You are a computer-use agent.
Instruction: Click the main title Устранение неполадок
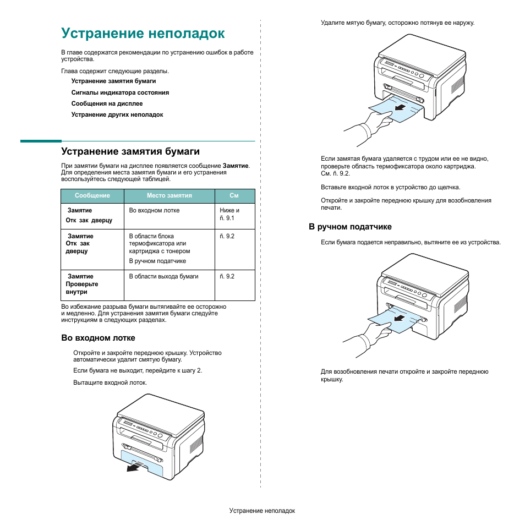[x=143, y=34]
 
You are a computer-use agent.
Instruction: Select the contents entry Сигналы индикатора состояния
[x=120, y=92]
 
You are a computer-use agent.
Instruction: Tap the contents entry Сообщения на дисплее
[x=107, y=103]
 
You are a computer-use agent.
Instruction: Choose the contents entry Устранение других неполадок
[x=117, y=114]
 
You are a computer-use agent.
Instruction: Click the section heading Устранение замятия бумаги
[x=130, y=151]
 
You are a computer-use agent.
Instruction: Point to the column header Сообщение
[x=92, y=195]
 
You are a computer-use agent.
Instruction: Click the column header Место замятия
[x=169, y=195]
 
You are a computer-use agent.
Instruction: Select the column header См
[x=234, y=195]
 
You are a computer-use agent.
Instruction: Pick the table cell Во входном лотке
[x=154, y=210]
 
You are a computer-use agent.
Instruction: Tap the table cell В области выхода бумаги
[x=163, y=276]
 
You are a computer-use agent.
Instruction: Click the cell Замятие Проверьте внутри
[x=82, y=284]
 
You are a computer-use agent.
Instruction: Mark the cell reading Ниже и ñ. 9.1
[x=229, y=214]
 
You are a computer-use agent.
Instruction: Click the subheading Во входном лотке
[x=98, y=338]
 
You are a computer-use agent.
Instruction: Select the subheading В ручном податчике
[x=350, y=227]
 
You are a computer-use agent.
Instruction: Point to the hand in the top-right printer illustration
[x=369, y=124]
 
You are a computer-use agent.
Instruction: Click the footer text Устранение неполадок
[x=262, y=511]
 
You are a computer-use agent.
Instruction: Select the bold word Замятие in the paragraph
[x=236, y=165]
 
